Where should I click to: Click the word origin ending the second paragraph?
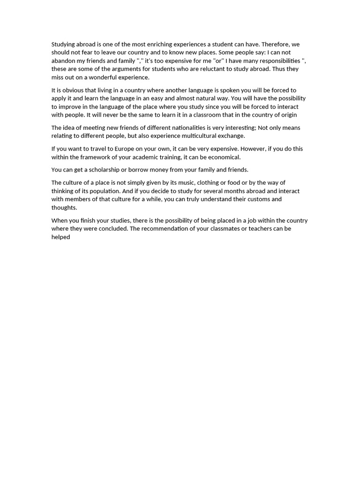click(x=287, y=115)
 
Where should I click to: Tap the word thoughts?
click(x=64, y=208)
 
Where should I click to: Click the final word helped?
click(x=60, y=237)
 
